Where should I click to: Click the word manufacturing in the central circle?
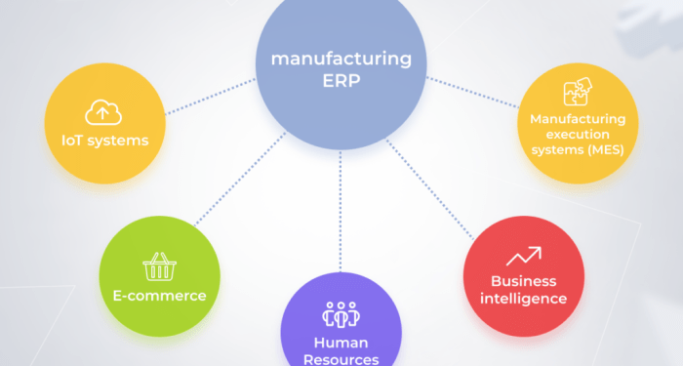pyautogui.click(x=341, y=60)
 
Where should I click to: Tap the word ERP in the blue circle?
pyautogui.click(x=341, y=82)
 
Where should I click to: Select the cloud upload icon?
pyautogui.click(x=103, y=113)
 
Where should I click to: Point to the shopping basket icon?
pyautogui.click(x=158, y=266)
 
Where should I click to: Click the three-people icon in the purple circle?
pyautogui.click(x=341, y=314)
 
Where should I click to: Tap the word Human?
pyautogui.click(x=341, y=343)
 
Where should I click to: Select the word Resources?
pyautogui.click(x=341, y=359)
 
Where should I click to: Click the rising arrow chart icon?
pyautogui.click(x=524, y=257)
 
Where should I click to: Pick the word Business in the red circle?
pyautogui.click(x=524, y=281)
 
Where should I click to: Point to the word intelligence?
pyautogui.click(x=524, y=299)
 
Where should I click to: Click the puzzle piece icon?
pyautogui.click(x=578, y=93)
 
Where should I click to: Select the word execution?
pyautogui.click(x=578, y=134)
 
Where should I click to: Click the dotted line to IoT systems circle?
pyautogui.click(x=209, y=98)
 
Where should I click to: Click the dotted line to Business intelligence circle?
pyautogui.click(x=430, y=185)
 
